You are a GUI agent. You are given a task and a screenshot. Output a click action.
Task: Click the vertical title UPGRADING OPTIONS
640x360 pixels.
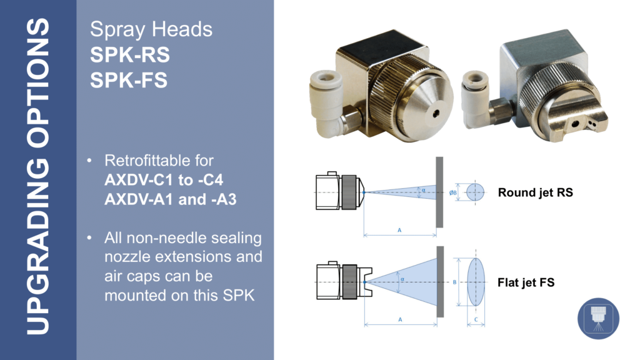37,176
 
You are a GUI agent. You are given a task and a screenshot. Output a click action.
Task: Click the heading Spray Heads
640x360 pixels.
151,29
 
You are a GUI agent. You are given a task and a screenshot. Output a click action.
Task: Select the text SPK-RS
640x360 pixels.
130,55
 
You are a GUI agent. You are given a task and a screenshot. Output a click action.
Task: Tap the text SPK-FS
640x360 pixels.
129,80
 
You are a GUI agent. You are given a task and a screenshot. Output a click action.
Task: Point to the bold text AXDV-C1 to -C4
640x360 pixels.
164,180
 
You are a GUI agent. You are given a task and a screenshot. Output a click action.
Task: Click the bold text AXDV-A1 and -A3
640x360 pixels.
171,199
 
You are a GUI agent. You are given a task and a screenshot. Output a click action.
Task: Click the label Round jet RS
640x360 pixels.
535,192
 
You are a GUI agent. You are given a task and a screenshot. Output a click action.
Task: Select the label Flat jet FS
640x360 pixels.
526,282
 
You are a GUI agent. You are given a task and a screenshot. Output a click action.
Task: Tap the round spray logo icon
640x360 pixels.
598,318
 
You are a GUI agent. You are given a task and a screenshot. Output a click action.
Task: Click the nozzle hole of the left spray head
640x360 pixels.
437,114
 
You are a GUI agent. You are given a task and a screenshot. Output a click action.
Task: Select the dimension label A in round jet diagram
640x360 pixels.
399,231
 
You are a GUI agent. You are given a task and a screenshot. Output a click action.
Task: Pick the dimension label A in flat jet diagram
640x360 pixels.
400,319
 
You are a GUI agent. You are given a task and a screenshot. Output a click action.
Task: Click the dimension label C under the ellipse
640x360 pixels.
476,320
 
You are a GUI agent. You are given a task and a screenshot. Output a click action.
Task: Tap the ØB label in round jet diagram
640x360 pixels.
453,192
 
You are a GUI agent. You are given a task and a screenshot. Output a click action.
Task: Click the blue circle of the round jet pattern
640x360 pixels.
475,192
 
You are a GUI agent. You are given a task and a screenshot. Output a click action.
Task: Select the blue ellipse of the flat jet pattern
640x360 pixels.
476,282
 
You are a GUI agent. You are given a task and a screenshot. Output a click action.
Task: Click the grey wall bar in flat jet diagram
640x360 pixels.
440,282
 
